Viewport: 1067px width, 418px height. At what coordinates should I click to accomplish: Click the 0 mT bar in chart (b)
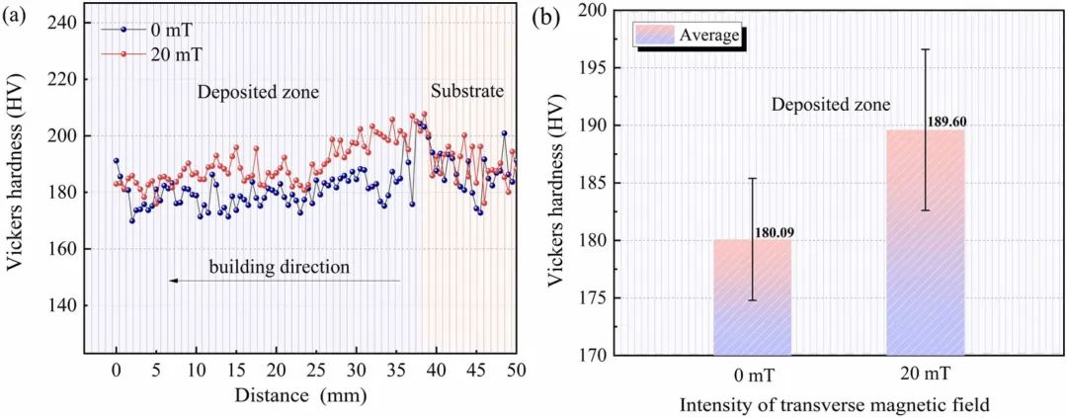click(752, 296)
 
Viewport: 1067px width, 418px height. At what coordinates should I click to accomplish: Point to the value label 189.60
click(947, 122)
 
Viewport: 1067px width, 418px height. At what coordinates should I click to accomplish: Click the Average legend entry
click(688, 36)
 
